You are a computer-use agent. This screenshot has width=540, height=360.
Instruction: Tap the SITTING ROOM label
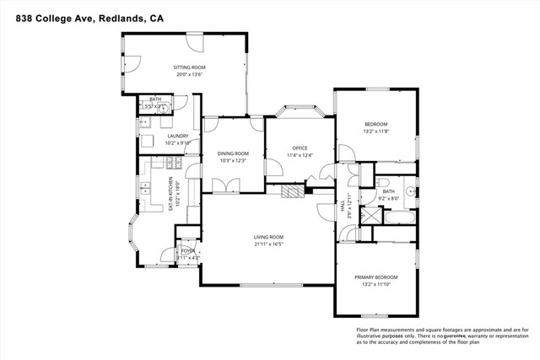pyautogui.click(x=190, y=67)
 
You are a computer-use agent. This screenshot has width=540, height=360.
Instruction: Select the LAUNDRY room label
pyautogui.click(x=177, y=136)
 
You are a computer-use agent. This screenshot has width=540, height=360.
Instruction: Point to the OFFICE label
pyautogui.click(x=300, y=149)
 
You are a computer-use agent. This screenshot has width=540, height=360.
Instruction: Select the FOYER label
pyautogui.click(x=187, y=251)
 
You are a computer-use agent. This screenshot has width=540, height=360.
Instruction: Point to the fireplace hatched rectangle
pyautogui.click(x=291, y=191)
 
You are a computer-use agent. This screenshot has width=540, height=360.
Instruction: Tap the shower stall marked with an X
pyautogui.click(x=369, y=217)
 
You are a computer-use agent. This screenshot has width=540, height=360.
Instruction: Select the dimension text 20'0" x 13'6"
pyautogui.click(x=190, y=74)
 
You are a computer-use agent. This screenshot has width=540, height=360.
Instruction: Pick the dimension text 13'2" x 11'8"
pyautogui.click(x=376, y=131)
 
